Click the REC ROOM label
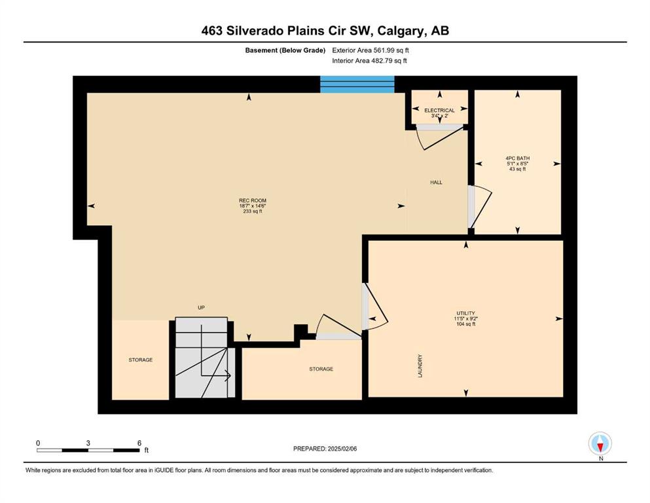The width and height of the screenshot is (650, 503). [253, 200]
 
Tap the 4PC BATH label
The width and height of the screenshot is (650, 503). [517, 158]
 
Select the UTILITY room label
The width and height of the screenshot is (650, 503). [466, 314]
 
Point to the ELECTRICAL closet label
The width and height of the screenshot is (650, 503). [439, 110]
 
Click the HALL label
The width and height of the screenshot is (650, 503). [436, 183]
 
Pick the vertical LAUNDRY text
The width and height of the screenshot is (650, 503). [420, 365]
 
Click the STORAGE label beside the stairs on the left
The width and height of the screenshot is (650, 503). [141, 360]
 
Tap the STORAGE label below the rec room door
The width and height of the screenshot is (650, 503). [321, 369]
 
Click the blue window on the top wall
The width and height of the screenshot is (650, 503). [357, 84]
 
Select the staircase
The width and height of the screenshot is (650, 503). [202, 358]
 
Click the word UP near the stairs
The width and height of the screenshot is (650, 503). [202, 308]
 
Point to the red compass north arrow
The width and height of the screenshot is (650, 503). [600, 447]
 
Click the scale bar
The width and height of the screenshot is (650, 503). [88, 451]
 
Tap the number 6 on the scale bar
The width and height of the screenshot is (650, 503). [139, 443]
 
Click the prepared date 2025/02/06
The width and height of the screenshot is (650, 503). [342, 449]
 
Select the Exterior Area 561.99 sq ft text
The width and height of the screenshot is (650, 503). [370, 50]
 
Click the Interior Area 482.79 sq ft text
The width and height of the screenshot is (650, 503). [369, 61]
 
